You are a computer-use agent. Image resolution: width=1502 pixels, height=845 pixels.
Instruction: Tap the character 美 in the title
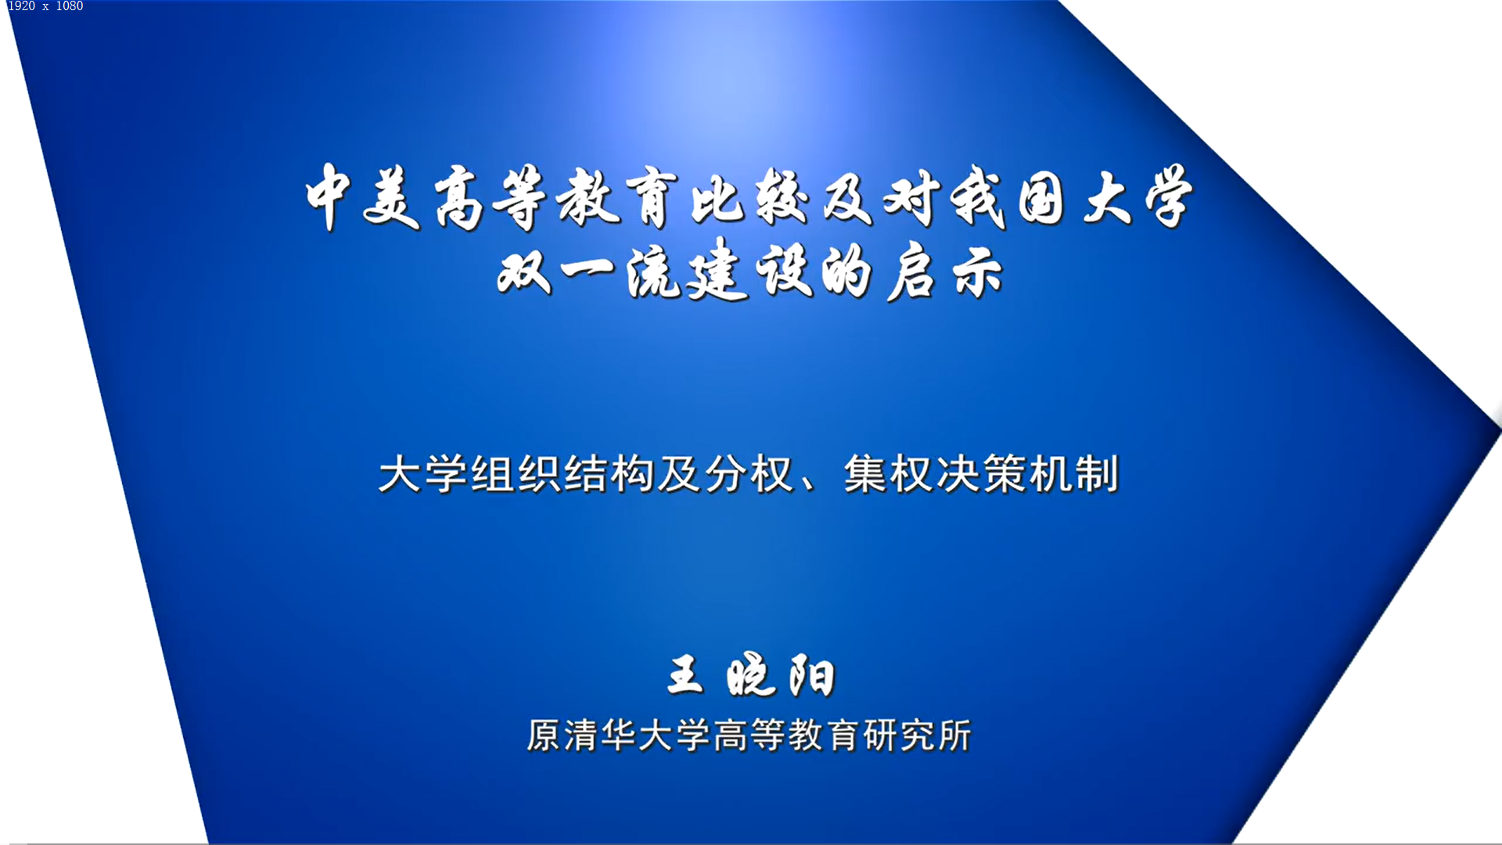click(x=391, y=199)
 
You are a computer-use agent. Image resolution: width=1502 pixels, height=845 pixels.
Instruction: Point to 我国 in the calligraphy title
click(x=1008, y=198)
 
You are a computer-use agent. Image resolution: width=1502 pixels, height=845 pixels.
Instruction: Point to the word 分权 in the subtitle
click(x=749, y=474)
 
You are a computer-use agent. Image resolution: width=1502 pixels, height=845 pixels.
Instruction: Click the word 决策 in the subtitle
click(x=981, y=474)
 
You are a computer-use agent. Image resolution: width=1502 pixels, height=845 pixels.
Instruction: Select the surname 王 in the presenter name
click(x=685, y=674)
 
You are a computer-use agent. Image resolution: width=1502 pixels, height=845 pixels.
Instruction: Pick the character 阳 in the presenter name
click(x=812, y=675)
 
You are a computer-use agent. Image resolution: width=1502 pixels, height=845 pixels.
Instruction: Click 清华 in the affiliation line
click(x=599, y=735)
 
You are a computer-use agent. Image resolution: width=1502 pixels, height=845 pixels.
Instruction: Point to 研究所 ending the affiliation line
click(x=916, y=735)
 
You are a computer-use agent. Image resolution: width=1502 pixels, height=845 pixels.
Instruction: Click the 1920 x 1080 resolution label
click(x=45, y=6)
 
